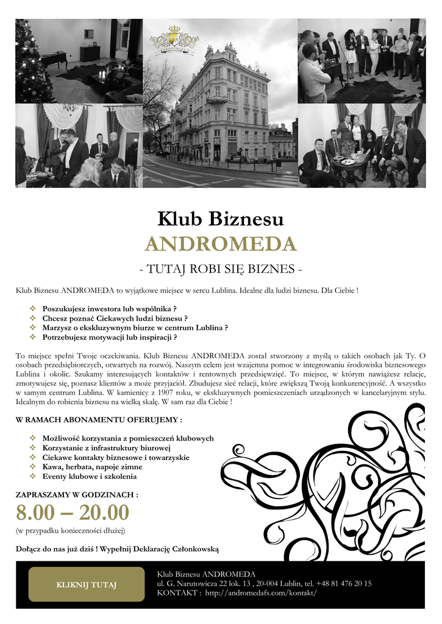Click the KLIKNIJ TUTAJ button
click(x=86, y=584)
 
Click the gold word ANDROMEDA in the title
click(x=220, y=244)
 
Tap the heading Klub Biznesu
click(x=220, y=218)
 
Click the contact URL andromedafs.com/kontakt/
click(x=261, y=593)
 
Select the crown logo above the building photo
click(x=174, y=39)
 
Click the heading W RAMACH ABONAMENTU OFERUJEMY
click(x=99, y=420)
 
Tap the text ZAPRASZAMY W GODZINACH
click(x=77, y=494)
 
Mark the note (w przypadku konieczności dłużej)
click(x=71, y=531)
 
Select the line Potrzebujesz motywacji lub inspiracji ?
click(x=110, y=337)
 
